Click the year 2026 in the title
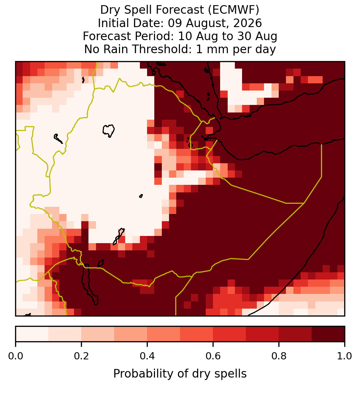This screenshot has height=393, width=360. click(248, 23)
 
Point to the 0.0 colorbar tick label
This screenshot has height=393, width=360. click(15, 356)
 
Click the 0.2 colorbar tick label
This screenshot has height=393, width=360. click(81, 356)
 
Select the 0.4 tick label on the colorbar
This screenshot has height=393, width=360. click(147, 356)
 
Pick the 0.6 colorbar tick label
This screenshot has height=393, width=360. click(213, 356)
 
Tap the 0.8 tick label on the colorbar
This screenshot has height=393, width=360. click(279, 356)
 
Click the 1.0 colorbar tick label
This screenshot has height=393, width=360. click(345, 356)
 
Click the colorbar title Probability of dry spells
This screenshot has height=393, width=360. click(180, 374)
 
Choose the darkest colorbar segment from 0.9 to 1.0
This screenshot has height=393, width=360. click(328, 334)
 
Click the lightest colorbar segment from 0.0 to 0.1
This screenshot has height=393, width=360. click(32, 334)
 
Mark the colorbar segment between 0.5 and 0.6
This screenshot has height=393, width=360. click(197, 334)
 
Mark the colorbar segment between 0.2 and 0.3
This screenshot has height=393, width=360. click(98, 334)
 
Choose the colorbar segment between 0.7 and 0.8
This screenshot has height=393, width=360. click(262, 334)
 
